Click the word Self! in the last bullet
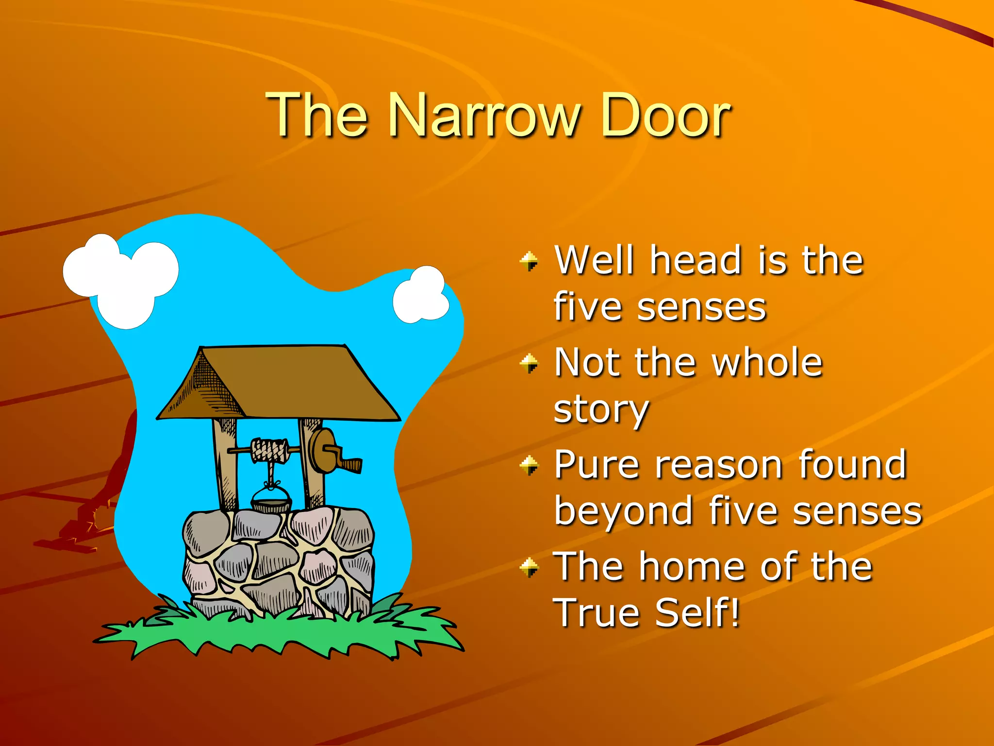(x=697, y=613)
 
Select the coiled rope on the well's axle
(x=269, y=450)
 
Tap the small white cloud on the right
(x=421, y=295)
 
